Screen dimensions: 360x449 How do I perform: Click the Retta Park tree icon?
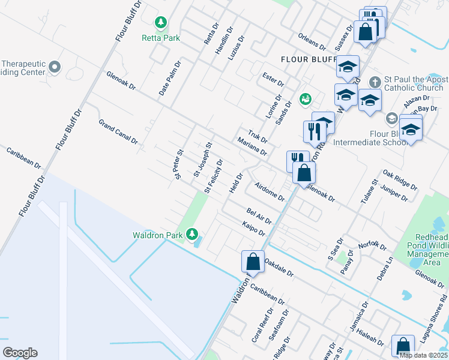click(x=160, y=23)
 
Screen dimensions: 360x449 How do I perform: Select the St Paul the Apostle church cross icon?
click(x=375, y=81)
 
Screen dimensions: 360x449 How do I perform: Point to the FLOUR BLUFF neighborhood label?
click(x=310, y=59)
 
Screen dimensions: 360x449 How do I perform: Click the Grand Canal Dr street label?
click(x=118, y=132)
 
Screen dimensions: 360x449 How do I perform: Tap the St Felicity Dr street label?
click(x=213, y=176)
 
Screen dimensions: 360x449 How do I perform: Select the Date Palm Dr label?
click(x=169, y=79)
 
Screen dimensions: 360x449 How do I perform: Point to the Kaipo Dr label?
click(x=254, y=228)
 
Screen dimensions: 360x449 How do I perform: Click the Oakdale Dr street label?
click(x=279, y=267)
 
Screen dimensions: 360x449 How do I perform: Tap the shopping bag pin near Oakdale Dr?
click(x=253, y=262)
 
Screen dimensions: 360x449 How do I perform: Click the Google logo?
click(x=20, y=353)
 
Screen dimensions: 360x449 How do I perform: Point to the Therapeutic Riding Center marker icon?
click(x=55, y=66)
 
